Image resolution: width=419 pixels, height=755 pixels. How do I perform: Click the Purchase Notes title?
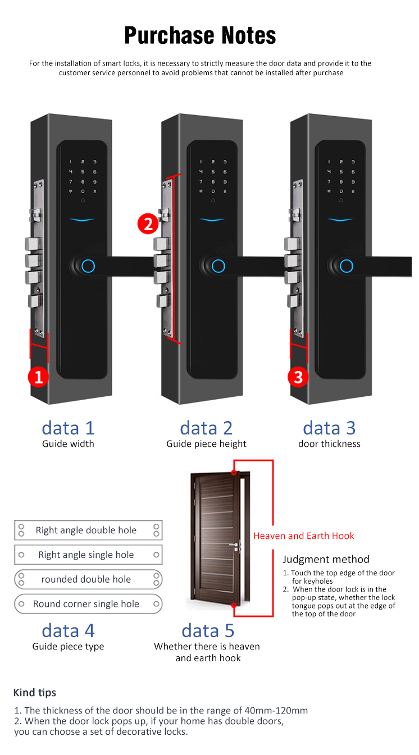click(200, 35)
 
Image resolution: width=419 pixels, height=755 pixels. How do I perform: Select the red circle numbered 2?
click(148, 224)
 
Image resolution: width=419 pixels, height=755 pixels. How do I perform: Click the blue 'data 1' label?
click(68, 428)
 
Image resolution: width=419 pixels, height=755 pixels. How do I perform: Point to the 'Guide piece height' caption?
click(206, 444)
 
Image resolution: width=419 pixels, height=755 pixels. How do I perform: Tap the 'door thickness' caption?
click(329, 444)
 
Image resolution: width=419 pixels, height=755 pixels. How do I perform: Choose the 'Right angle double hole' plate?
click(88, 530)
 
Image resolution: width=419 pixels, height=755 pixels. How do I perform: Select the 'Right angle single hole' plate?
click(88, 555)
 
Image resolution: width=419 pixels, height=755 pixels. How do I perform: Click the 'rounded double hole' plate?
click(88, 579)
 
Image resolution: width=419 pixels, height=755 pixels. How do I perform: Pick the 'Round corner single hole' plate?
click(88, 604)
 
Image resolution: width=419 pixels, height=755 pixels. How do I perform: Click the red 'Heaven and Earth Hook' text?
click(304, 536)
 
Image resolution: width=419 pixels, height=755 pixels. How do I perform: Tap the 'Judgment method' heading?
click(326, 559)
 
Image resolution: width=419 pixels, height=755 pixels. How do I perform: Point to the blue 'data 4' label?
click(68, 630)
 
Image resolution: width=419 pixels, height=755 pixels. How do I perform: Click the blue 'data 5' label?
click(208, 630)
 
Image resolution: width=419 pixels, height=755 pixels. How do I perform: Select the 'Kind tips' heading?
click(35, 692)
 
